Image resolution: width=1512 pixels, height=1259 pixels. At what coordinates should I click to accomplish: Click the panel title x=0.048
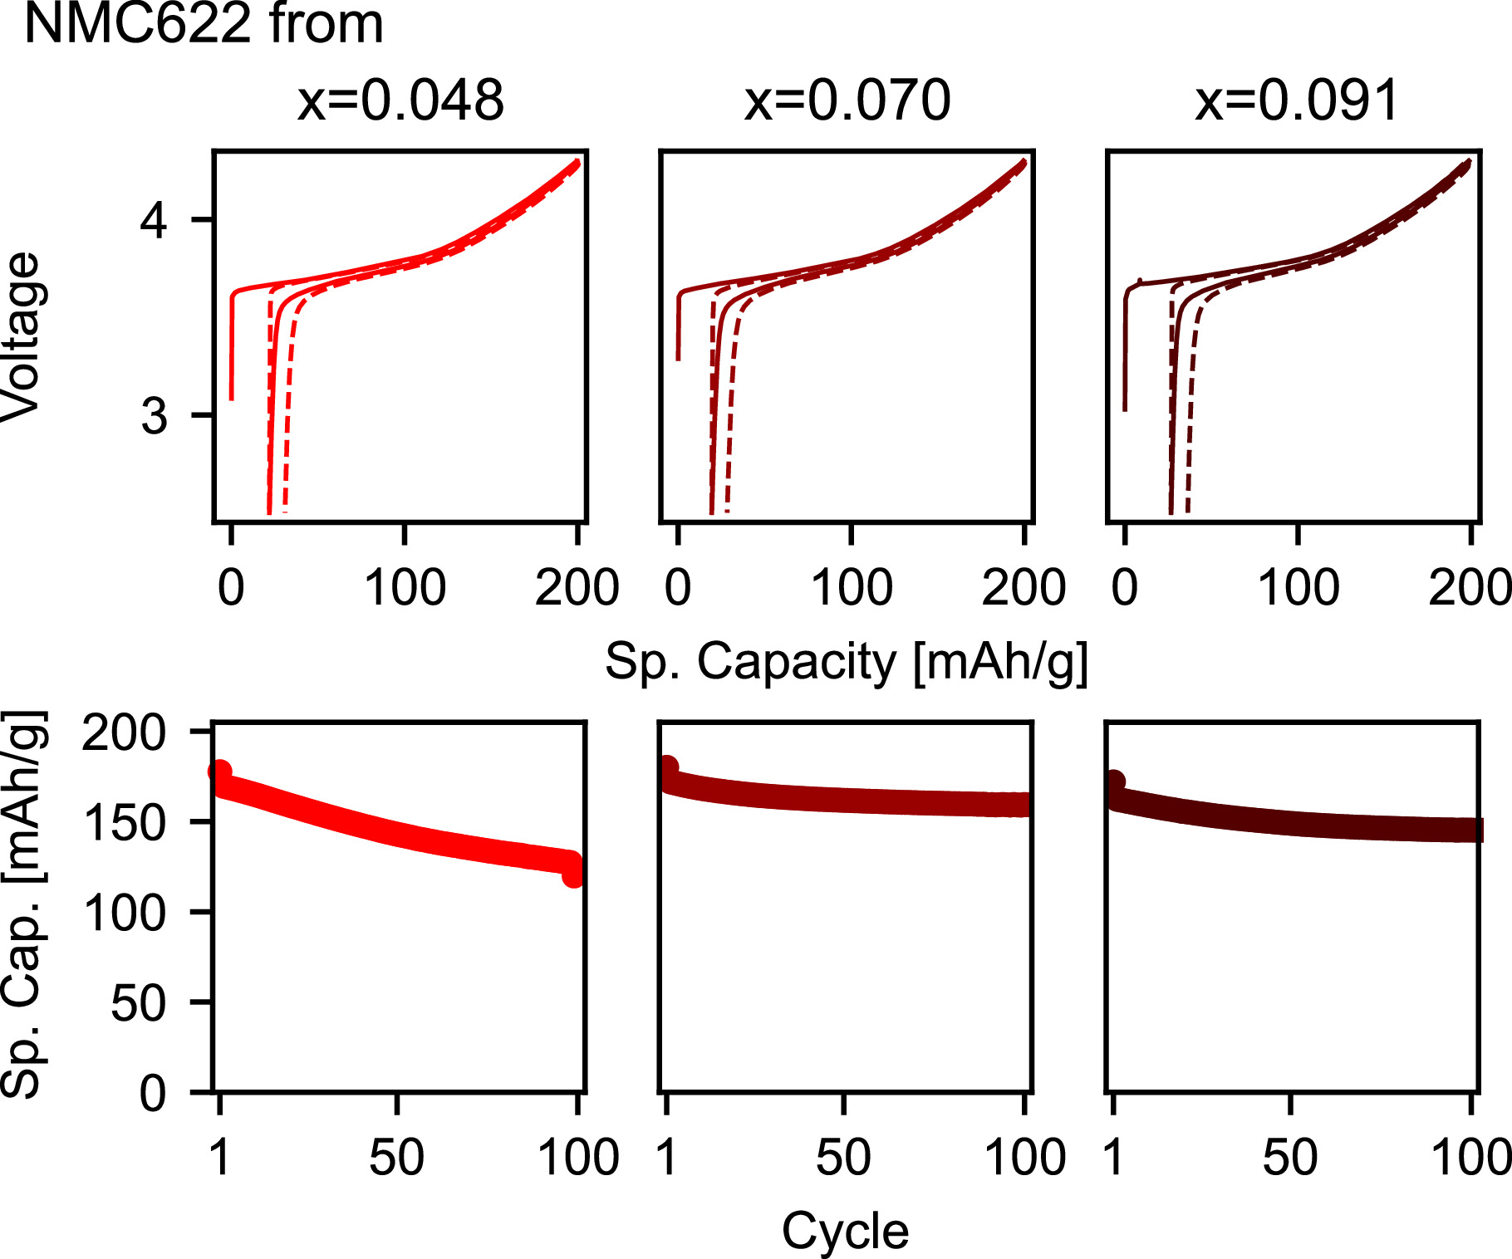tap(400, 101)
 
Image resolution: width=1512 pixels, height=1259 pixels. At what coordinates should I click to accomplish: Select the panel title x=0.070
tap(847, 101)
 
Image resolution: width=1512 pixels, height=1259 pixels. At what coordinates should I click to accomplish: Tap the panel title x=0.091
tap(1297, 101)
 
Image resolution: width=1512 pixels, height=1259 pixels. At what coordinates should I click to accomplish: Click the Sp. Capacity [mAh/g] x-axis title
tap(846, 662)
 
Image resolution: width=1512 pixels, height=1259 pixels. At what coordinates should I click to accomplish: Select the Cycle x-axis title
tap(845, 1231)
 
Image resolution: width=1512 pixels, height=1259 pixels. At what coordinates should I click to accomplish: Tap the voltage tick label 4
tap(154, 220)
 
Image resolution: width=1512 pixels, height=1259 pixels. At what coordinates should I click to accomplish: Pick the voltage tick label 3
tap(154, 415)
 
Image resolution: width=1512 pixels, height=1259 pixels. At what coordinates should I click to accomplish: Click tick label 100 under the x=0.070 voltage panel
tap(852, 588)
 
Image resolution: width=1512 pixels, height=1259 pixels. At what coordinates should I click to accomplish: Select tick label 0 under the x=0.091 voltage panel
tap(1124, 588)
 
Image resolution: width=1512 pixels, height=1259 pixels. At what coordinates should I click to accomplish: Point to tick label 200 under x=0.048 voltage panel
tap(577, 588)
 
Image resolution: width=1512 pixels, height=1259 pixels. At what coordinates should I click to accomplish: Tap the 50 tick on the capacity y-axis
tap(138, 1003)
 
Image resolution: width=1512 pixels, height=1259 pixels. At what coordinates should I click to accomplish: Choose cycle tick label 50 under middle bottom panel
tap(843, 1157)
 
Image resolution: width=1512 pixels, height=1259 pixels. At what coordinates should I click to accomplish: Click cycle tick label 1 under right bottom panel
tap(1113, 1157)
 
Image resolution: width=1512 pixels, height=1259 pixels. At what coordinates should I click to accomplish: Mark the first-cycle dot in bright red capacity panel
tap(220, 772)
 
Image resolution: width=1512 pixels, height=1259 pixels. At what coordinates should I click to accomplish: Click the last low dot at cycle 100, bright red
tap(573, 875)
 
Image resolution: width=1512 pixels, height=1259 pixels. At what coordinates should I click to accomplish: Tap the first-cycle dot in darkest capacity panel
tap(1114, 782)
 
